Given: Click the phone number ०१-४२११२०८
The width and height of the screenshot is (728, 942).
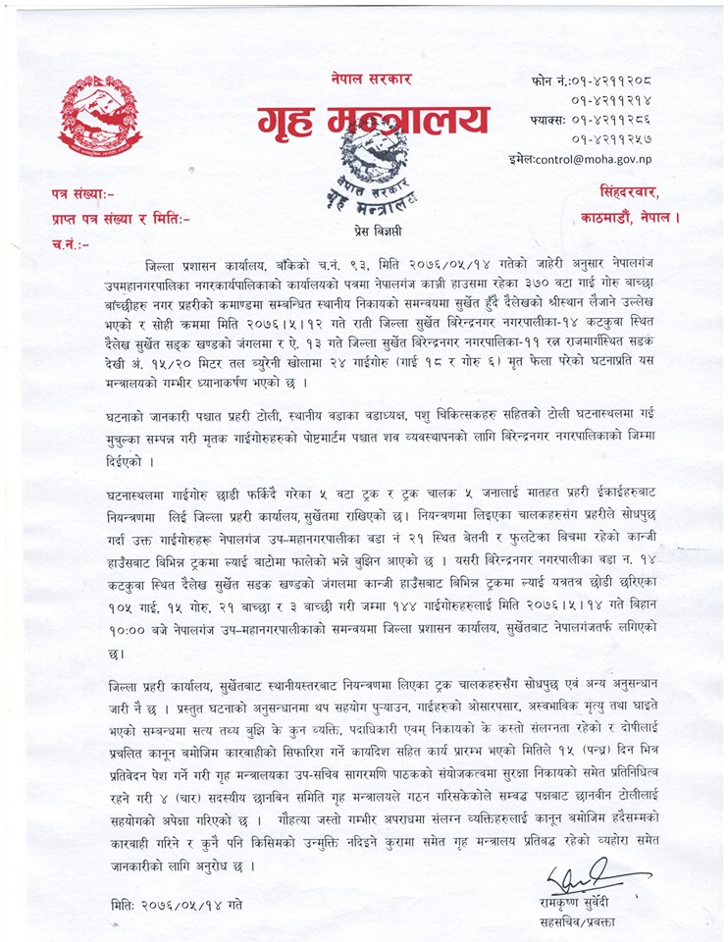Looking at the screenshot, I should [x=619, y=79].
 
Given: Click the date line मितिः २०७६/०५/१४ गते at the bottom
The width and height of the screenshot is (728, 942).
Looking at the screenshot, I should [x=177, y=902].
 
